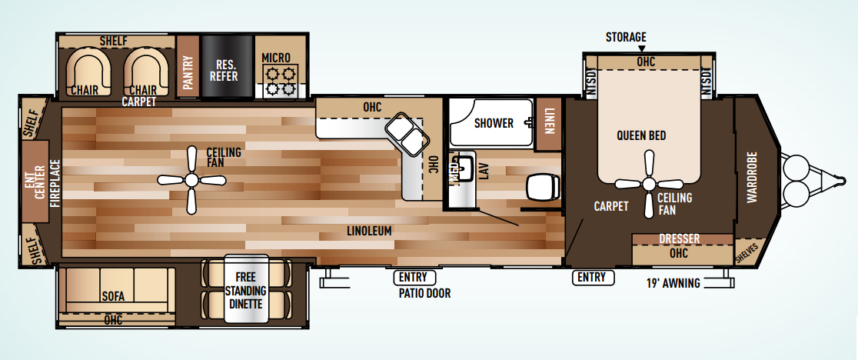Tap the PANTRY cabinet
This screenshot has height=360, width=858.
click(188, 67)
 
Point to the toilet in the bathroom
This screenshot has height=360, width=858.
click(543, 188)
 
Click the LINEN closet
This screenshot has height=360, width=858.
click(549, 124)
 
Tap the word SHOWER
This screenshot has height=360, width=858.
click(494, 123)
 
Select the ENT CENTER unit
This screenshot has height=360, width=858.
click(35, 182)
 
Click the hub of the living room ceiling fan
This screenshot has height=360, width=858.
click(191, 179)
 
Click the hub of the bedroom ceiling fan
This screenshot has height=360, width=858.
click(649, 184)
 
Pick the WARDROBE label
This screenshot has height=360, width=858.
click(752, 177)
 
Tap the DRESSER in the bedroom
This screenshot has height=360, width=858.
click(683, 240)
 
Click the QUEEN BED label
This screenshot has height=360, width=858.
click(641, 135)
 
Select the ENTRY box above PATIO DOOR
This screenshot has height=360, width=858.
click(414, 278)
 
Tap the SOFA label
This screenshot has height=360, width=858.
click(113, 297)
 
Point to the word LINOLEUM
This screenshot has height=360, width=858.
click(369, 231)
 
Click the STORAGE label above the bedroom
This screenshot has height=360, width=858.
click(626, 37)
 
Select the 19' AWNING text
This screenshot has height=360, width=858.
click(673, 283)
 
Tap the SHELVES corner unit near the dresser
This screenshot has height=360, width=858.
click(747, 252)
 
